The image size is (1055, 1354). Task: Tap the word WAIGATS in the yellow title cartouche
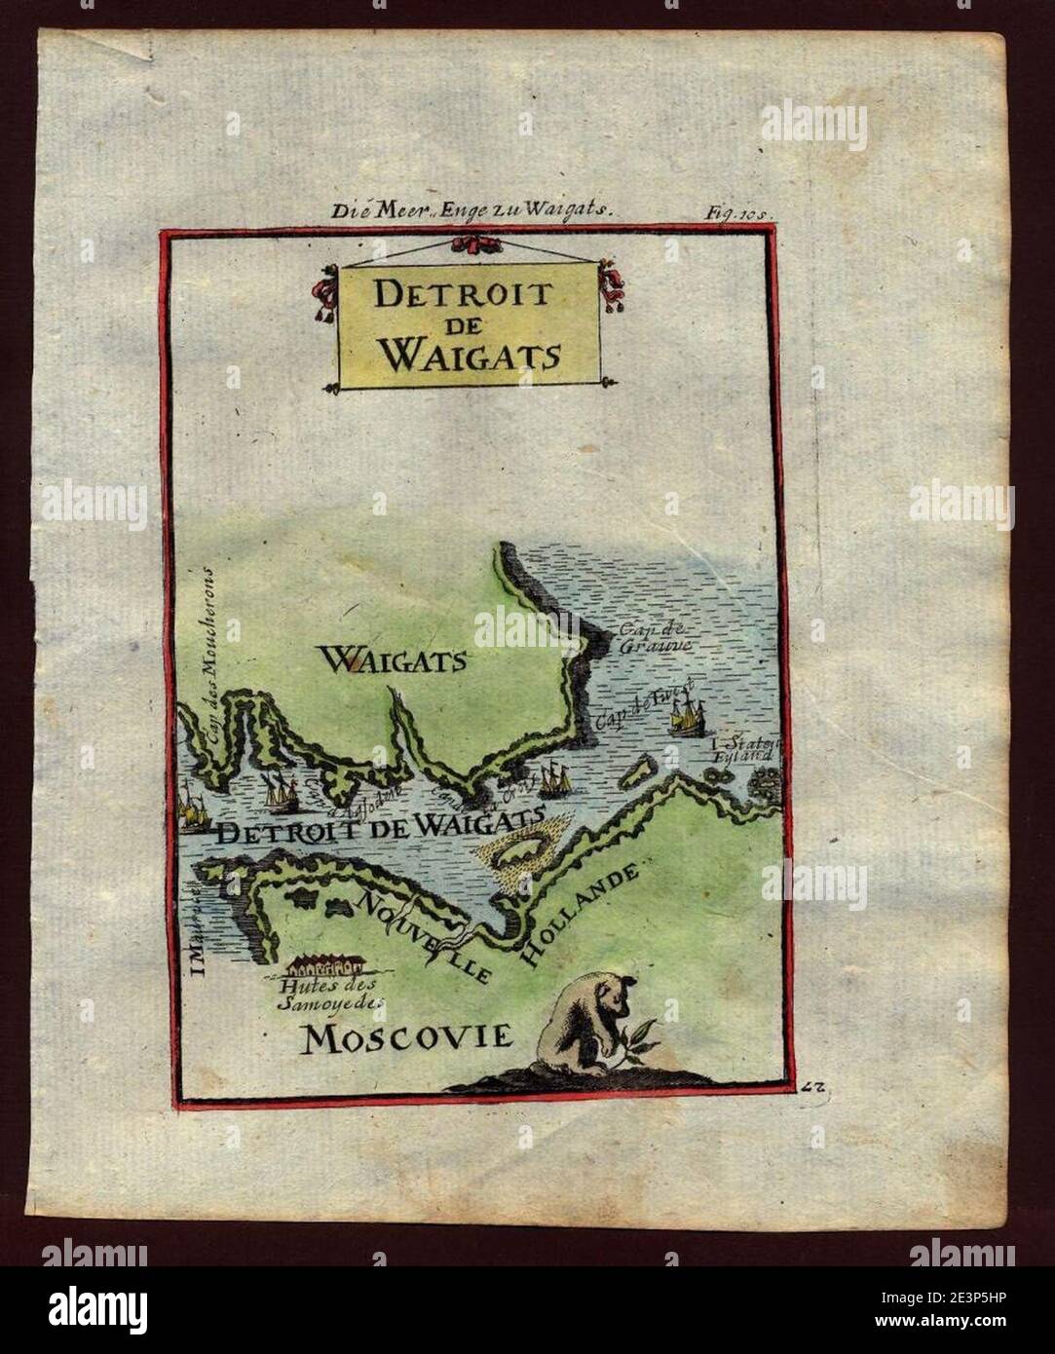469,355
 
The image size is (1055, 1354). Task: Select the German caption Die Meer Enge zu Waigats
470,207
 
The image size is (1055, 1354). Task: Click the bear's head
610,997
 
